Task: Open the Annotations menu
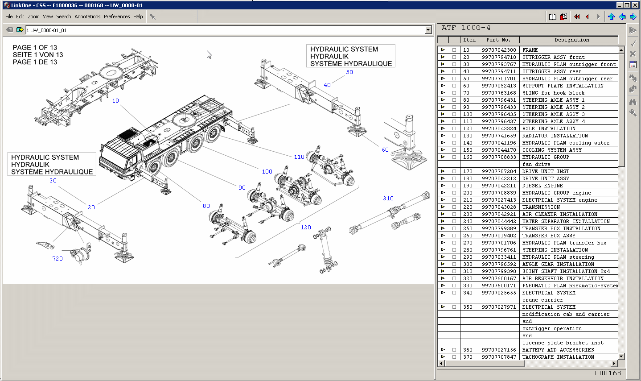(x=87, y=17)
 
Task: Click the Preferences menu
(x=117, y=17)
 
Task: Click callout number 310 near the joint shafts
(x=388, y=199)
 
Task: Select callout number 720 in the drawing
(x=58, y=259)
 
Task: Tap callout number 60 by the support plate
(x=385, y=150)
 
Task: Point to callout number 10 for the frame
(x=115, y=101)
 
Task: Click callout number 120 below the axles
(x=306, y=228)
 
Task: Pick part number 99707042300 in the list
(x=498, y=50)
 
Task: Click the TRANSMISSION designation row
(x=541, y=207)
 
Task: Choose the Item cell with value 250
(x=468, y=228)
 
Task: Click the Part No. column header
(x=498, y=40)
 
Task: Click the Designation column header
(x=571, y=40)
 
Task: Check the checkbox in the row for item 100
(x=454, y=114)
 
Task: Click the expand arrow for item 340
(x=443, y=293)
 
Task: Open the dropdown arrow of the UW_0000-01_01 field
(x=428, y=30)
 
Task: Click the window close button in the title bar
(x=635, y=5)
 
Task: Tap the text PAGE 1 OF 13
(x=35, y=48)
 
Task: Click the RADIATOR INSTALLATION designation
(x=555, y=136)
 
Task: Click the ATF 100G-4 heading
(x=466, y=28)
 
